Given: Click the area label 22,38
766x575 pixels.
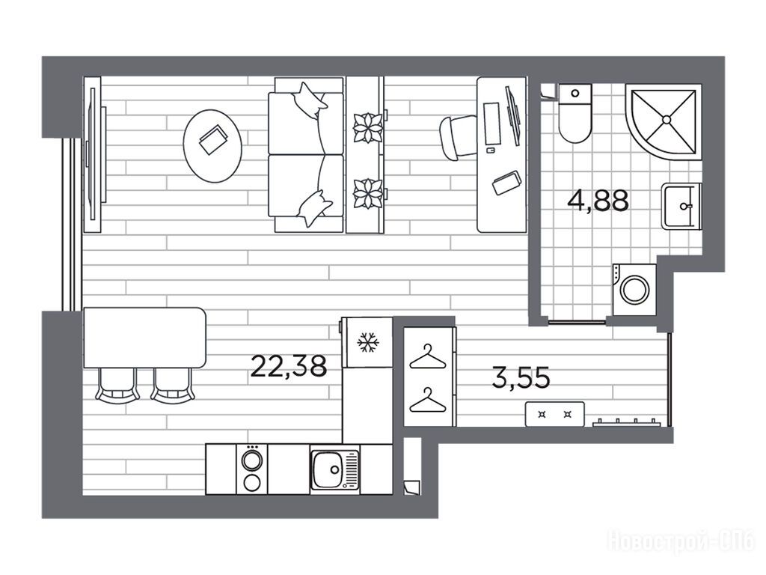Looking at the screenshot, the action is pos(288,366).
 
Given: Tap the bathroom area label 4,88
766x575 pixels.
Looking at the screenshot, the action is pos(598,200).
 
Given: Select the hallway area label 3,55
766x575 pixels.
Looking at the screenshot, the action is pos(521,377).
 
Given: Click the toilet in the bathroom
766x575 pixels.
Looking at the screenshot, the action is pos(575,114).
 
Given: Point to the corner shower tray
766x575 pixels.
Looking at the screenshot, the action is pos(664,121).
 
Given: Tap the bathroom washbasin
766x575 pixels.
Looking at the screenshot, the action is pos(681,206).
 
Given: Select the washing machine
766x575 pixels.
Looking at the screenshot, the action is pos(634,290).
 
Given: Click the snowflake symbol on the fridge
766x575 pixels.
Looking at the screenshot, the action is pos(368,343).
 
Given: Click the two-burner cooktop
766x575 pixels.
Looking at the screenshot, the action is pos(252,469).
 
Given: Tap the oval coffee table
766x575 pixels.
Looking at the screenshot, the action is pos(212,146).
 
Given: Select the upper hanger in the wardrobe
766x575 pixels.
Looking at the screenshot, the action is pos(428,357).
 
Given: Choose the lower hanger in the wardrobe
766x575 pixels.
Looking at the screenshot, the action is pos(428,401).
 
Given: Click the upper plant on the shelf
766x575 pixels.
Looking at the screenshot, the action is pos(367,128).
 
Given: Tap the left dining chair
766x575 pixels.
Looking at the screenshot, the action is pos(117,386).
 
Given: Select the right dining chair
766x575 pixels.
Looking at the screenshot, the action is pos(173,386).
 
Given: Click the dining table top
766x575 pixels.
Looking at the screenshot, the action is pos(144,338).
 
